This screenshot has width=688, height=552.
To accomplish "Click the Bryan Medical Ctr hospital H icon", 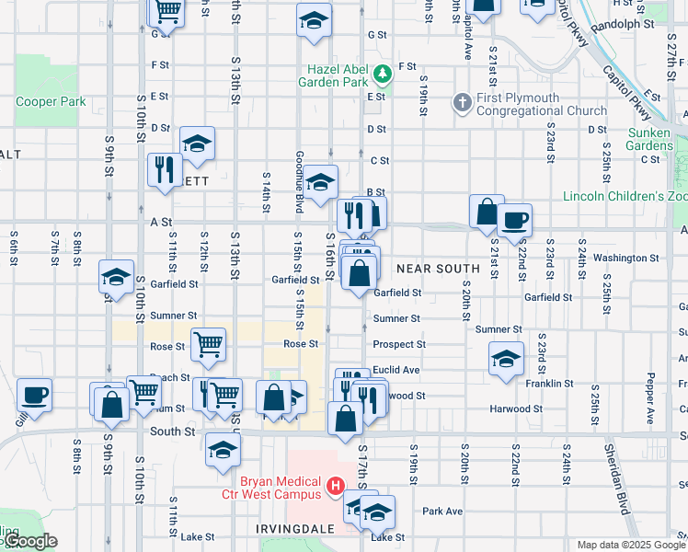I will coord(336,485).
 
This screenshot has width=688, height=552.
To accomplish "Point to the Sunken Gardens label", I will coord(649,139).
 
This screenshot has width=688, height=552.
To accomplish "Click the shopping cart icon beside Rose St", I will coord(209,344).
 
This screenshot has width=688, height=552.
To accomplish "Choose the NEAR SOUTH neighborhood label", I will coord(439,269).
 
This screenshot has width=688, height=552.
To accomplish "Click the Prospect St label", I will coord(399,344).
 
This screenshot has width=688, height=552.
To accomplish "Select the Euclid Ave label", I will coord(396,370).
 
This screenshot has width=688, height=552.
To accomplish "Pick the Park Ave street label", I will coord(441,511).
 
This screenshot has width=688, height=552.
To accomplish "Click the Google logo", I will coord(29,541).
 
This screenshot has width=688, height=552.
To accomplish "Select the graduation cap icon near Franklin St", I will coord(505,360).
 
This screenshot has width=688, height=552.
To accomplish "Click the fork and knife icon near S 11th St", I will coord(165,169).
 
